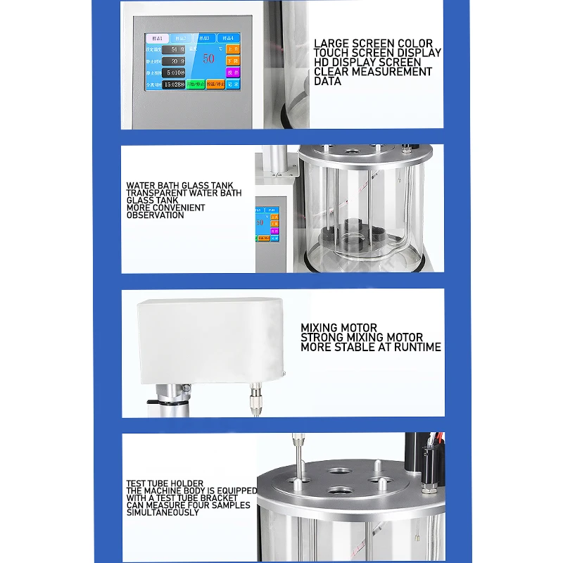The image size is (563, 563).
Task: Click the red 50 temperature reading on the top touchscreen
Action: click(x=208, y=58)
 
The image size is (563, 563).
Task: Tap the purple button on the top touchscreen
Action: click(x=233, y=72)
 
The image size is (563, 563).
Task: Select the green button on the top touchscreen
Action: click(x=196, y=84)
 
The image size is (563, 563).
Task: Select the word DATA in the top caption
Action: click(x=328, y=81)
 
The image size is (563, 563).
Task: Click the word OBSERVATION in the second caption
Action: click(x=156, y=215)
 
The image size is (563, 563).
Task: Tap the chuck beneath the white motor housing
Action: click(x=253, y=402)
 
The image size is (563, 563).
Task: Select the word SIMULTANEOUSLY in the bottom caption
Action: click(x=162, y=512)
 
